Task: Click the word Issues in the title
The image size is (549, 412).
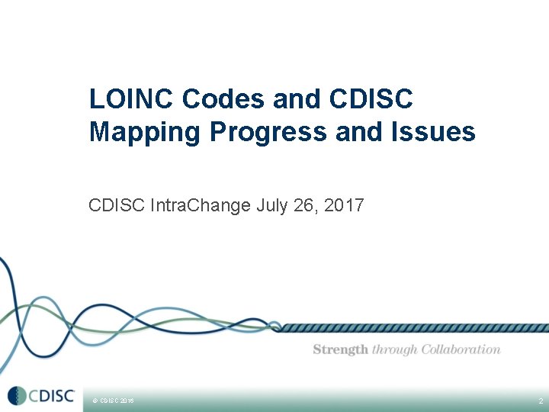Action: pyautogui.click(x=441, y=133)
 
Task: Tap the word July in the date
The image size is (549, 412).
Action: pyautogui.click(x=272, y=205)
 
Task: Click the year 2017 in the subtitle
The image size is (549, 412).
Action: pyautogui.click(x=345, y=205)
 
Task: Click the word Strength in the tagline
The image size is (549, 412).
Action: pyautogui.click(x=341, y=349)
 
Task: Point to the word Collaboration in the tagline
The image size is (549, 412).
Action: pyautogui.click(x=461, y=349)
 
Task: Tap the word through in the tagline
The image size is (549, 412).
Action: pyautogui.click(x=395, y=349)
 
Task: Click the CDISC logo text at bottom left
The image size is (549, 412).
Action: pyautogui.click(x=52, y=396)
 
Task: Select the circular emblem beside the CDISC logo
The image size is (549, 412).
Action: pyautogui.click(x=17, y=396)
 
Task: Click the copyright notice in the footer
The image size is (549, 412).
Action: pyautogui.click(x=113, y=401)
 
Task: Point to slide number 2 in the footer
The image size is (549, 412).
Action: pyautogui.click(x=540, y=401)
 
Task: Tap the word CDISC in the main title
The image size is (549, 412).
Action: pyautogui.click(x=371, y=99)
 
